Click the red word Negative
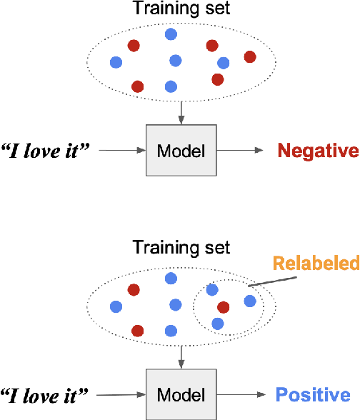coord(317,151)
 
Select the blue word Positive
coord(313,395)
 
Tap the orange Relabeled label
coord(315,264)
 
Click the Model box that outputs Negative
coord(181,151)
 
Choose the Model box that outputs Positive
coord(181,395)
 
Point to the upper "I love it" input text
coord(46,151)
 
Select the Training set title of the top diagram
coord(181,9)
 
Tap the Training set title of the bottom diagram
coord(181,248)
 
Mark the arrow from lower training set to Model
coord(181,356)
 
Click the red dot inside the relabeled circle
coord(223,307)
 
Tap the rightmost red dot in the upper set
coord(249,56)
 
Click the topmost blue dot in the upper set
coord(171,34)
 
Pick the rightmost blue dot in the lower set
coord(249,301)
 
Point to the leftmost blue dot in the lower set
coord(116,306)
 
